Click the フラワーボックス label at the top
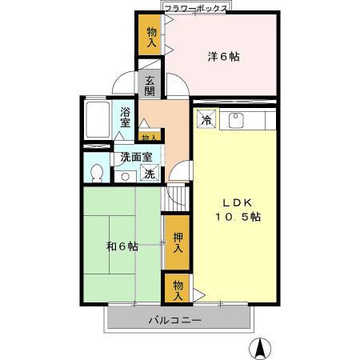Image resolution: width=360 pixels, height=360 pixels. (195, 7)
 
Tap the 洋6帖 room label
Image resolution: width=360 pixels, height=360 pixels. (224, 57)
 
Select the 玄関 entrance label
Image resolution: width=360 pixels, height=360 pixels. (150, 83)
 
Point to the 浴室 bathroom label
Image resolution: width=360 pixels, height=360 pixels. (126, 118)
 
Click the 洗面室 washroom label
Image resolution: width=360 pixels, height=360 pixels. (137, 158)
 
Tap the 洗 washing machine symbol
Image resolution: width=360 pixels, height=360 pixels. (149, 174)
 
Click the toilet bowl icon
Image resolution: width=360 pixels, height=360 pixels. (98, 172)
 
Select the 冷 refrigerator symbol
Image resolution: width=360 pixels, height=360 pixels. (206, 122)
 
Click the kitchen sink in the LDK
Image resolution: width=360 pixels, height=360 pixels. (236, 122)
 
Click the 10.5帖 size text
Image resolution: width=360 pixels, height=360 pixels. (236, 217)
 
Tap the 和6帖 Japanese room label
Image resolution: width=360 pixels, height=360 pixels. (122, 246)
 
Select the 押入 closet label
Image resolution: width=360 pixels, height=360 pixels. (177, 242)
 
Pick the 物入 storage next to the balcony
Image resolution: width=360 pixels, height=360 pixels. (177, 289)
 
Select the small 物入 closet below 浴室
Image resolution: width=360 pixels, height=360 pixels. (149, 138)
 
